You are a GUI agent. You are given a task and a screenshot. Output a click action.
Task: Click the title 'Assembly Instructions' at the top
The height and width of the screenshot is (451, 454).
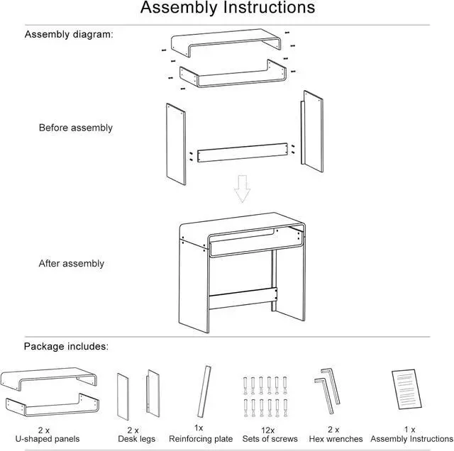click(x=227, y=9)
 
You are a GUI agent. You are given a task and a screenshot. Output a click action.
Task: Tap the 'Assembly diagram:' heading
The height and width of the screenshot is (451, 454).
click(x=69, y=34)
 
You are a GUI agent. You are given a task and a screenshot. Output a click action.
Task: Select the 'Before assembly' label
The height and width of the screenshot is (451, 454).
click(x=75, y=128)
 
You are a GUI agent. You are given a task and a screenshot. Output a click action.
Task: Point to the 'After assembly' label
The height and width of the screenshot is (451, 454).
click(x=71, y=264)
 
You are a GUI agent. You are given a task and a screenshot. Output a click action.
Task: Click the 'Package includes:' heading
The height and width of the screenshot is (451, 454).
click(x=65, y=347)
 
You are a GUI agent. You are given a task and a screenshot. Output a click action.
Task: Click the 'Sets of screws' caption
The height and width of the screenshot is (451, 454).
click(x=270, y=440)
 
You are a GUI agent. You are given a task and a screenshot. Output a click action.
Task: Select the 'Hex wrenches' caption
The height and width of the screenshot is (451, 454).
click(x=336, y=440)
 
